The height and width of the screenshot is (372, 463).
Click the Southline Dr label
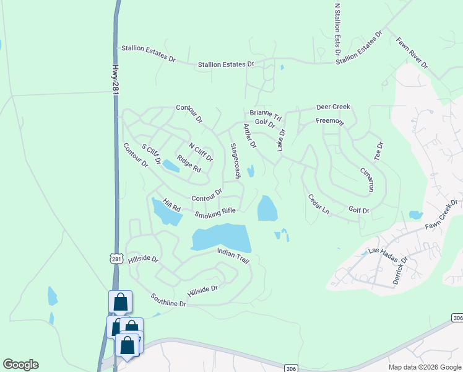168,301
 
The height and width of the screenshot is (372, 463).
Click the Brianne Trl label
266,115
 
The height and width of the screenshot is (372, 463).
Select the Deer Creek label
333,107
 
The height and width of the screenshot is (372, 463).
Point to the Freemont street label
329,121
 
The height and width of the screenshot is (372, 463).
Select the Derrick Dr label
400,271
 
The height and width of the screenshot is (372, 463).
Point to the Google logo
20,365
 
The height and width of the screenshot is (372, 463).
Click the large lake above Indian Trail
221,237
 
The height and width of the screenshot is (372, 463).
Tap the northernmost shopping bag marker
120,302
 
